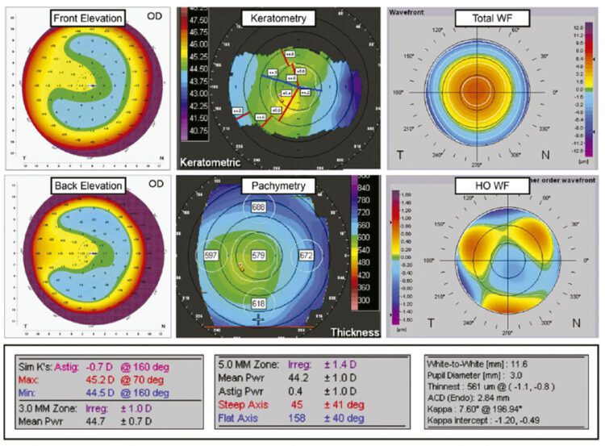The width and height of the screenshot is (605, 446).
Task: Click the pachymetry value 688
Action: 258,208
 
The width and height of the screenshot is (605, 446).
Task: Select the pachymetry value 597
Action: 212,256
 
